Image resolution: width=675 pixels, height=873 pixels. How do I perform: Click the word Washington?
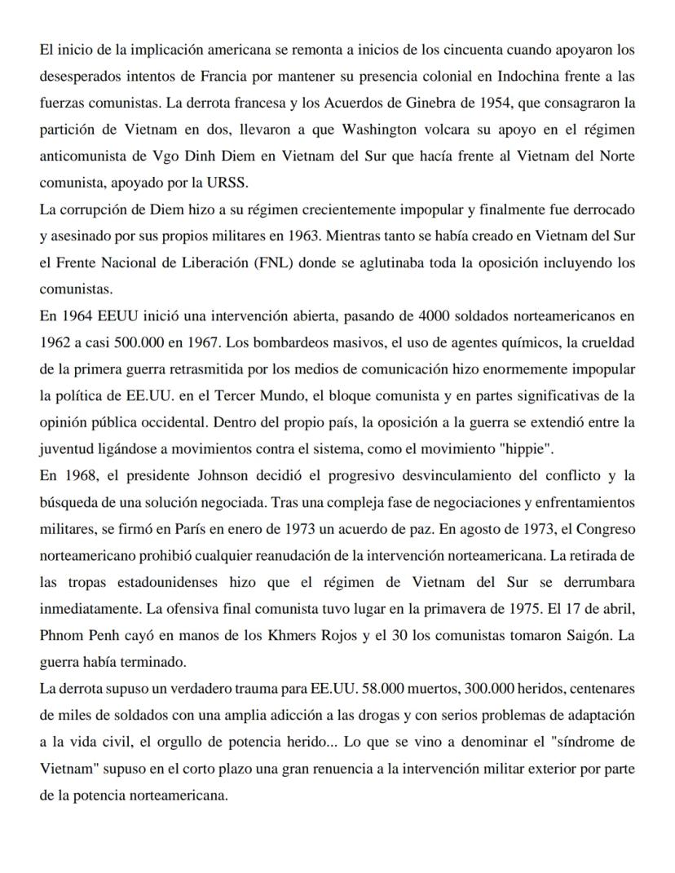383,130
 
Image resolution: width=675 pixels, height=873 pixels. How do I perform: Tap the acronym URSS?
245,183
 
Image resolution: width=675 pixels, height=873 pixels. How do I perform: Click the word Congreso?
606,528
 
